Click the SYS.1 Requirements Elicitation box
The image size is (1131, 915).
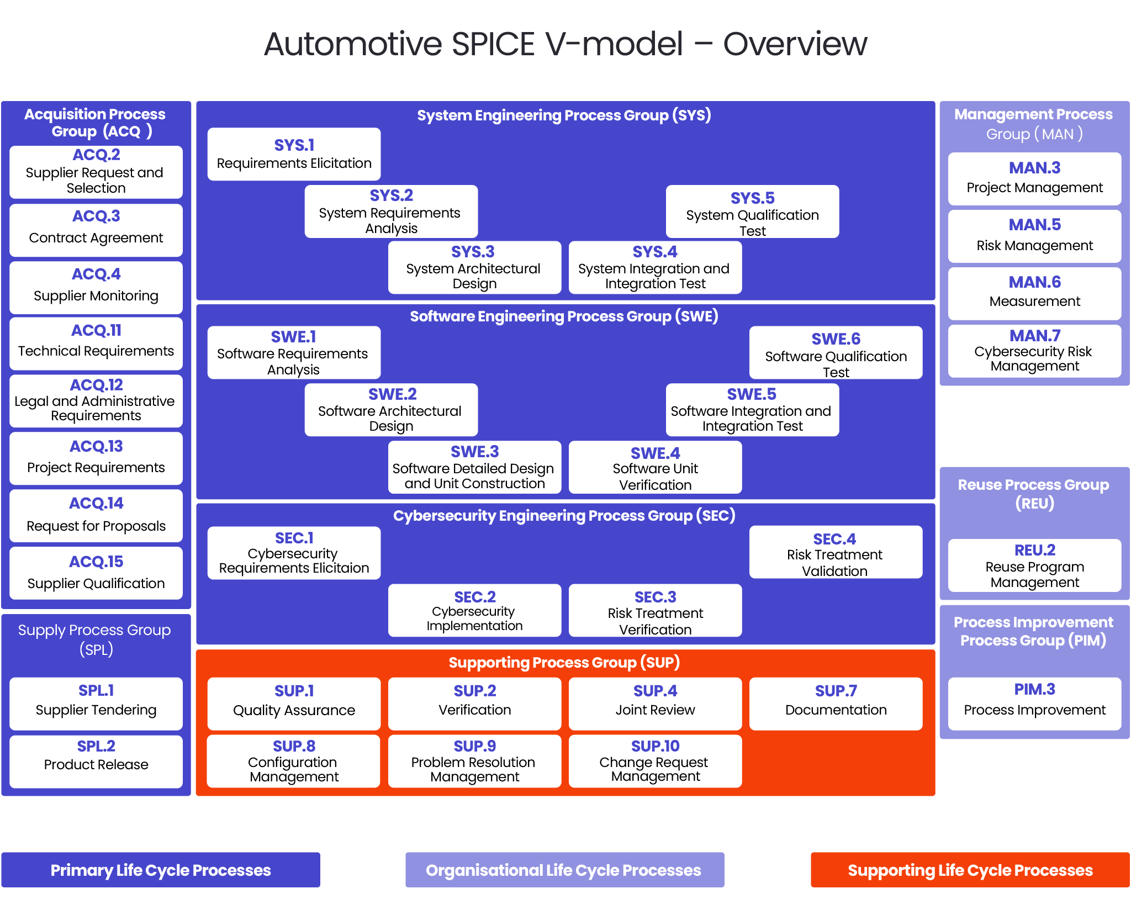(294, 154)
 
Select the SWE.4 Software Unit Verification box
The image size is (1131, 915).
(655, 468)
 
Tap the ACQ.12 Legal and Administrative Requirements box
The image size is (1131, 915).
(96, 401)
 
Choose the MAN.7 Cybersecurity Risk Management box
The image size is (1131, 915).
(1034, 351)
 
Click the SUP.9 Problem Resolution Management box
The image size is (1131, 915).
(474, 761)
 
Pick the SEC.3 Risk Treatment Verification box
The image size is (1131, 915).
(655, 611)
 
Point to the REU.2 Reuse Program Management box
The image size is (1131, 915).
(1034, 566)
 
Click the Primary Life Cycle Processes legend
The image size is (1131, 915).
(161, 870)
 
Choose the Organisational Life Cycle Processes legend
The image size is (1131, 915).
(564, 870)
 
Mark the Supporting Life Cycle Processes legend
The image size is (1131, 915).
(970, 870)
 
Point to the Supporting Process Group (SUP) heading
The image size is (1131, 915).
(564, 662)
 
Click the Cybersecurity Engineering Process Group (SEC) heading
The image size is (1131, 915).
(564, 515)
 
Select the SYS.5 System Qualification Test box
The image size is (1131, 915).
(752, 212)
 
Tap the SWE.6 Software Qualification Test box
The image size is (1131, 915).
(836, 353)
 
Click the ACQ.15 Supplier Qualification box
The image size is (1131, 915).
(96, 573)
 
